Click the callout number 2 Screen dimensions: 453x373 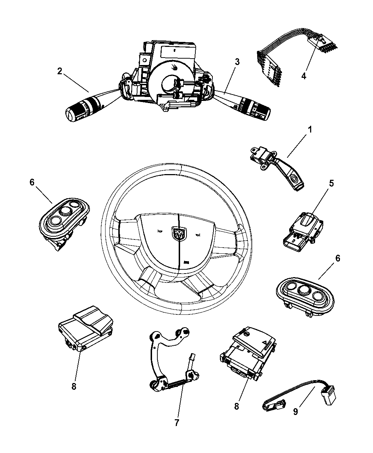[60, 71]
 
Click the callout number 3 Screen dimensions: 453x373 [237, 62]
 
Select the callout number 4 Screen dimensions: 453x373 [304, 76]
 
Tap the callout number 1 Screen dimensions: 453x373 [310, 130]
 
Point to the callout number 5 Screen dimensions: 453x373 [331, 183]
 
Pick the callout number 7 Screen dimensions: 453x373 [177, 422]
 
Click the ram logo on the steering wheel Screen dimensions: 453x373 [178, 233]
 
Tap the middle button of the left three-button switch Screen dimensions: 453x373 [65, 212]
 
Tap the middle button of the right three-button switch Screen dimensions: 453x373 [304, 290]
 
